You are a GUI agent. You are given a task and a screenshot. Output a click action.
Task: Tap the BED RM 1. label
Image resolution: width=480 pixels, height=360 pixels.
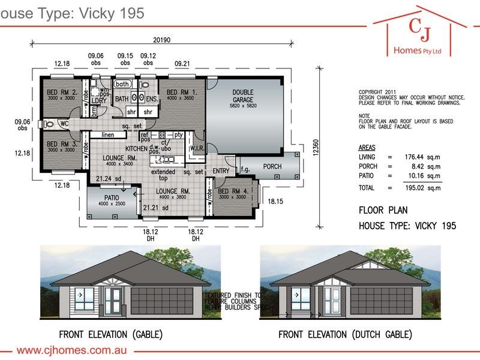coord(180,92)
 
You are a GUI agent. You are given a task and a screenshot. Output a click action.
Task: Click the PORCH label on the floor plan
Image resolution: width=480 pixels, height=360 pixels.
coord(272,166)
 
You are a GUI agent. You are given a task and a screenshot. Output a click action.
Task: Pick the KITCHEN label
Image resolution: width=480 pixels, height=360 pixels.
coord(137,148)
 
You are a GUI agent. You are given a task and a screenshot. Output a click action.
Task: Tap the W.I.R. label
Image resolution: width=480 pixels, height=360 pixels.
coord(198,148)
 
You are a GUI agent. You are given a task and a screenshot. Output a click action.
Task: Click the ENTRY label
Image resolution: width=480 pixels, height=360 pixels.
coord(221,171)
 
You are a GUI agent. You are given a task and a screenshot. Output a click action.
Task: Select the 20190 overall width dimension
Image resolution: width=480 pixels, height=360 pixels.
coord(162,41)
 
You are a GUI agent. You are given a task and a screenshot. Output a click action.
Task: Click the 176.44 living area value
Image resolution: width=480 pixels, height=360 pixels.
coord(410,157)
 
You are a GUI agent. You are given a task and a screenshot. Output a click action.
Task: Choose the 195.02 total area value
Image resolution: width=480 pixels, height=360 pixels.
coord(410,188)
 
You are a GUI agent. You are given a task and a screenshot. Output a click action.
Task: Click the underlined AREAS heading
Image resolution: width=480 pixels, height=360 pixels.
coord(367,147)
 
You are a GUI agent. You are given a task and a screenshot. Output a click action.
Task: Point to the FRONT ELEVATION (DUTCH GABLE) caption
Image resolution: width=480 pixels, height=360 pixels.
coord(345,334)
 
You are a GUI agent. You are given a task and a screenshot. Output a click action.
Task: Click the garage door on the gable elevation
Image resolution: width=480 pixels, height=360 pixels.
coord(162,299)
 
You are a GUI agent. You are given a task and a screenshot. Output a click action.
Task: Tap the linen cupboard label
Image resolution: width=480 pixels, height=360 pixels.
coord(108,135)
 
